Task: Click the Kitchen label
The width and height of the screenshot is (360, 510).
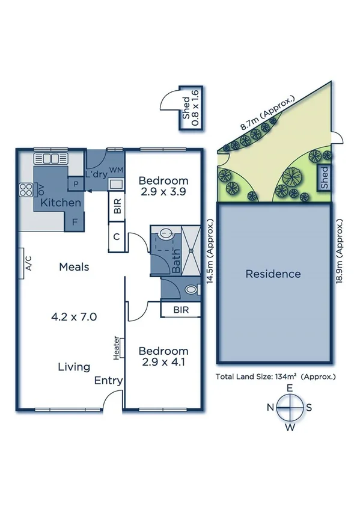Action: [x=60, y=203]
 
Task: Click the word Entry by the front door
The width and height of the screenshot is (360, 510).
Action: [x=108, y=381]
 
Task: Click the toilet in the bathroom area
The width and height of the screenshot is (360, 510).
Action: [x=191, y=290]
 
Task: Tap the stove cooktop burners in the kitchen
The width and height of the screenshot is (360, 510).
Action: [x=26, y=190]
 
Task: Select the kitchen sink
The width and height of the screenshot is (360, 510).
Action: [x=47, y=159]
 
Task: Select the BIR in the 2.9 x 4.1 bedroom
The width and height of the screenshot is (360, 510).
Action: [x=178, y=309]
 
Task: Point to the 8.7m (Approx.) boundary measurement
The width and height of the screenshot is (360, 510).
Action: [x=267, y=113]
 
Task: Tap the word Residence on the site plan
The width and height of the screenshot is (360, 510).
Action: [x=273, y=274]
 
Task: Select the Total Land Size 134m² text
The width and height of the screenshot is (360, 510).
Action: [x=275, y=376]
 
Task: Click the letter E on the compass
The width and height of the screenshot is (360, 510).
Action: [x=289, y=389]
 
